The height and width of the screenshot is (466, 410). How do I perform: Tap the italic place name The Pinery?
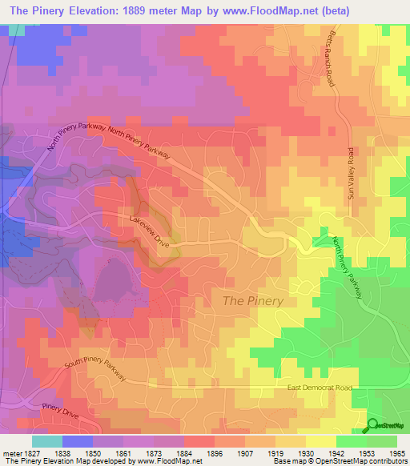click(251, 301)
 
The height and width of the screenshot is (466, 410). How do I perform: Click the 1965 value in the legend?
click(396, 452)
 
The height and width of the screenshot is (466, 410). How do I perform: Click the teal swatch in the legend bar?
click(46, 441)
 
